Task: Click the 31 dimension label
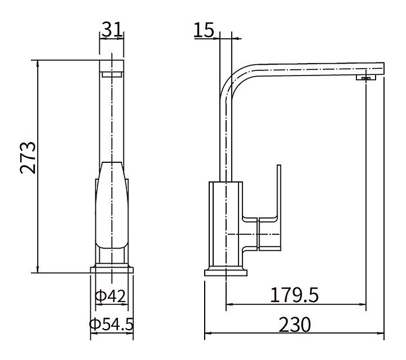pos(112,29)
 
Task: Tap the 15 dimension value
pos(204,30)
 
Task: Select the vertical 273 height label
pos(28,158)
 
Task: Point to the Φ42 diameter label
pos(111,296)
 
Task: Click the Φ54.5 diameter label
pos(111,324)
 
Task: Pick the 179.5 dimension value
pos(294,295)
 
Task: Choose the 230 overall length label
pos(295,325)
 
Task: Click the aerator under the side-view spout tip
pos(365,77)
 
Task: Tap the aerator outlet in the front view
pos(112,75)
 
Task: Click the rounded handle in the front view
pos(112,205)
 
